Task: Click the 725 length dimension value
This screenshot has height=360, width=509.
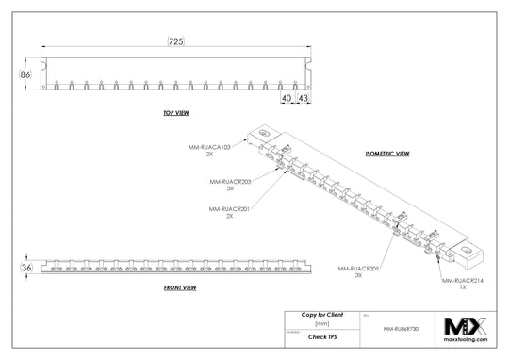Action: [175, 41]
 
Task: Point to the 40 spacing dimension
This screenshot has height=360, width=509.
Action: [286, 97]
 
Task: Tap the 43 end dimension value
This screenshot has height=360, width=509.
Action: [304, 97]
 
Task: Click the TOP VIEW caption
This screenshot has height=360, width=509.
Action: [177, 114]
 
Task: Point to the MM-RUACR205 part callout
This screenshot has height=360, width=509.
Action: [356, 270]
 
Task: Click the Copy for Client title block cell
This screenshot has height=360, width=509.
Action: [321, 313]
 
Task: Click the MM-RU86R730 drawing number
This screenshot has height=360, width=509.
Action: [401, 330]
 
